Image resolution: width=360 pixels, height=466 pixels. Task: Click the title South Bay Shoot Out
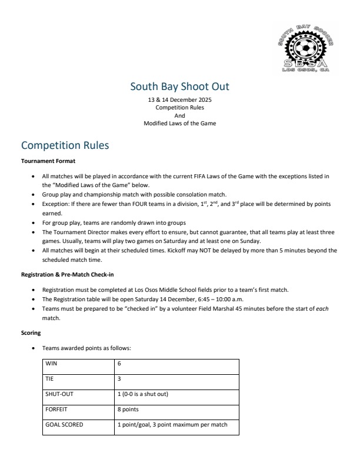pyautogui.click(x=179, y=87)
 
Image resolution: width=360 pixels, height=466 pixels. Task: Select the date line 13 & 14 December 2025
pyautogui.click(x=179, y=101)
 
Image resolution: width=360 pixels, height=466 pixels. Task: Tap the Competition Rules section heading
pyautogui.click(x=65, y=145)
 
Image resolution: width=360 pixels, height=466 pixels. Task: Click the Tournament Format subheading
pyautogui.click(x=48, y=161)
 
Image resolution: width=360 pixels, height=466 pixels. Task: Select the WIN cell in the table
pyautogui.click(x=52, y=364)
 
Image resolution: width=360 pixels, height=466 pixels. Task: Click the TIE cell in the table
pyautogui.click(x=49, y=379)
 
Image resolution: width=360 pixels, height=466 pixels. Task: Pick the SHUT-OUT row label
pyautogui.click(x=59, y=394)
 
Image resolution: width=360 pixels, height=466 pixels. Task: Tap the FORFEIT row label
pyautogui.click(x=56, y=410)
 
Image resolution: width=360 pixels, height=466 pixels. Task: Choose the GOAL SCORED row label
pyautogui.click(x=64, y=424)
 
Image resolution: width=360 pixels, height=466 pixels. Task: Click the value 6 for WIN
pyautogui.click(x=119, y=364)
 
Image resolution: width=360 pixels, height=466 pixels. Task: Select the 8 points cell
pyautogui.click(x=130, y=410)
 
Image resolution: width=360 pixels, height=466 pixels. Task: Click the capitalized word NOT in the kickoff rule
pyautogui.click(x=222, y=250)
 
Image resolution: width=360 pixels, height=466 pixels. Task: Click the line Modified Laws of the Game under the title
pyautogui.click(x=179, y=123)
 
